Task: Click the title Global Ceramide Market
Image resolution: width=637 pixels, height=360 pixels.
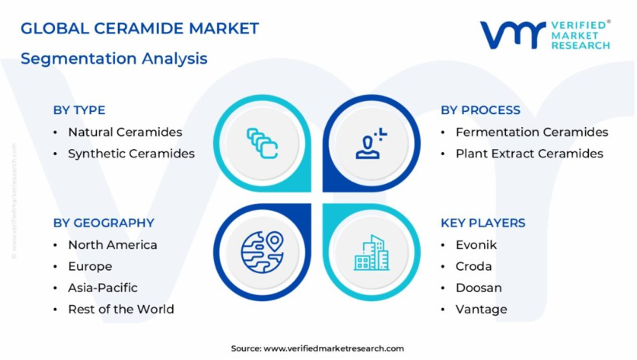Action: tap(140, 29)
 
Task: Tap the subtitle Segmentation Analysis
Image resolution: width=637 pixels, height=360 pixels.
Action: tap(114, 58)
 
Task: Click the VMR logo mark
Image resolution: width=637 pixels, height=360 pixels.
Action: tap(513, 35)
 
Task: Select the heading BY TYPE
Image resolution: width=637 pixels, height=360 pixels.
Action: tap(79, 110)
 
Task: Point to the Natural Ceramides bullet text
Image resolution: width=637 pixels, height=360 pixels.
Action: tap(125, 132)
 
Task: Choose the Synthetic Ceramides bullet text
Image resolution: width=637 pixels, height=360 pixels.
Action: tap(131, 154)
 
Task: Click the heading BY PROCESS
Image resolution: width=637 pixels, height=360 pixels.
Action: tap(480, 110)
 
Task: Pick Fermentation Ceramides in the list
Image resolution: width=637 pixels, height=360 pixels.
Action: tap(531, 132)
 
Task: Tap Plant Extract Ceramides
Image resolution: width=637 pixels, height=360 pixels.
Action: tap(529, 154)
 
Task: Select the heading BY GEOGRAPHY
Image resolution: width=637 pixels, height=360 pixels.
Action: tap(104, 223)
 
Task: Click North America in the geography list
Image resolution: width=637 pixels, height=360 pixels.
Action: tap(113, 245)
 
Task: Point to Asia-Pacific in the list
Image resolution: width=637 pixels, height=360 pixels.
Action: tap(102, 288)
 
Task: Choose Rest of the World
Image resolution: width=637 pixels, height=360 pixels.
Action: tap(121, 310)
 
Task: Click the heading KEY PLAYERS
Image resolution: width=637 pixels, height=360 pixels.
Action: tap(483, 223)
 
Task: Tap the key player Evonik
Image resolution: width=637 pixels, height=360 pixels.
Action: tap(476, 245)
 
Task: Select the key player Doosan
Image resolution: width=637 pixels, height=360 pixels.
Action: tap(479, 288)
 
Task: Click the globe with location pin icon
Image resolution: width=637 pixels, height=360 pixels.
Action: tap(262, 252)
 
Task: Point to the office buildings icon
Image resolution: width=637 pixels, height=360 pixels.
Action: tap(372, 252)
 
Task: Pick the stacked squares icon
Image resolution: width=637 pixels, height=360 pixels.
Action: tap(262, 144)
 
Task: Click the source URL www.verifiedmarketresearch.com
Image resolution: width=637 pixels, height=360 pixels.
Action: tap(334, 348)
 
